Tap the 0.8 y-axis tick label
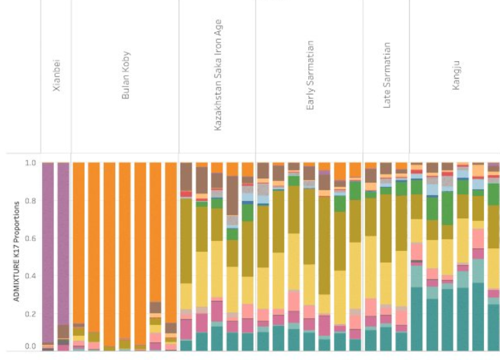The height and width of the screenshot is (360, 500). pos(30,201)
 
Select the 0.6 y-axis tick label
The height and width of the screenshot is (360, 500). pos(30,238)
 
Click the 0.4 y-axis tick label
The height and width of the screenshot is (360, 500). pos(30,275)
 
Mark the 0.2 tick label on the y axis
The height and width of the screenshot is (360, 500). pos(30,313)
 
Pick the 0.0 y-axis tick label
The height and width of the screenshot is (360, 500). pos(30,347)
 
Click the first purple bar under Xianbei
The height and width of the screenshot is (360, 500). pos(48,253)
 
